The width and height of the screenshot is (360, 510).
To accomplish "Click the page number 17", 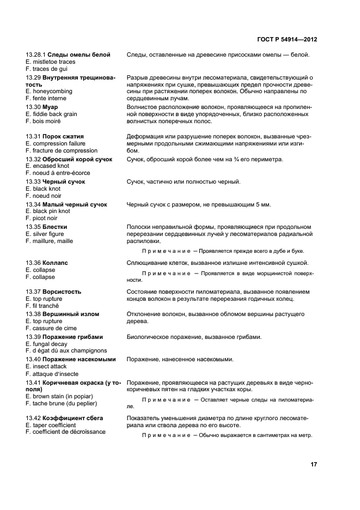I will coord(314,465).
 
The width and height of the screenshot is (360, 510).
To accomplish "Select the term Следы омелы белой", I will coord(79,55).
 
